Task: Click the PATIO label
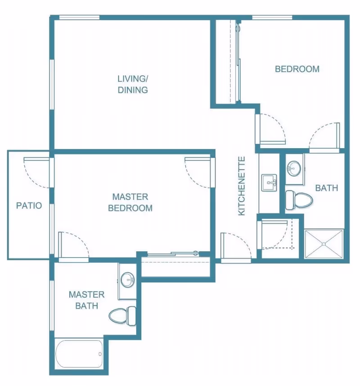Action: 29,205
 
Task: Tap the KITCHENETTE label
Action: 242,186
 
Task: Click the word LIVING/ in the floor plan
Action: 133,79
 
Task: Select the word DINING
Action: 133,90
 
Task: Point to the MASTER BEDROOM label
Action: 130,202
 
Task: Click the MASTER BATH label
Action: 86,300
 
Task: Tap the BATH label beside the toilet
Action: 327,188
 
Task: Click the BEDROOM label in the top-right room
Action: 297,69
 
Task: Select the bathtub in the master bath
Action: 79,354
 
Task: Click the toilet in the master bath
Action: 122,316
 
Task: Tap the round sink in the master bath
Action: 128,280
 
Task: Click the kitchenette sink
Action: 269,183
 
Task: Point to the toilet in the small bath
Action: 299,200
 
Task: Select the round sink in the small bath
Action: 294,168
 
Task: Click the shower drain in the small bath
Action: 324,244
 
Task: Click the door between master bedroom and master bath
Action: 73,247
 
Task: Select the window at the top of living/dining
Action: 80,17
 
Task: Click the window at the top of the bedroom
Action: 272,17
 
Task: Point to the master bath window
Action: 52,306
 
